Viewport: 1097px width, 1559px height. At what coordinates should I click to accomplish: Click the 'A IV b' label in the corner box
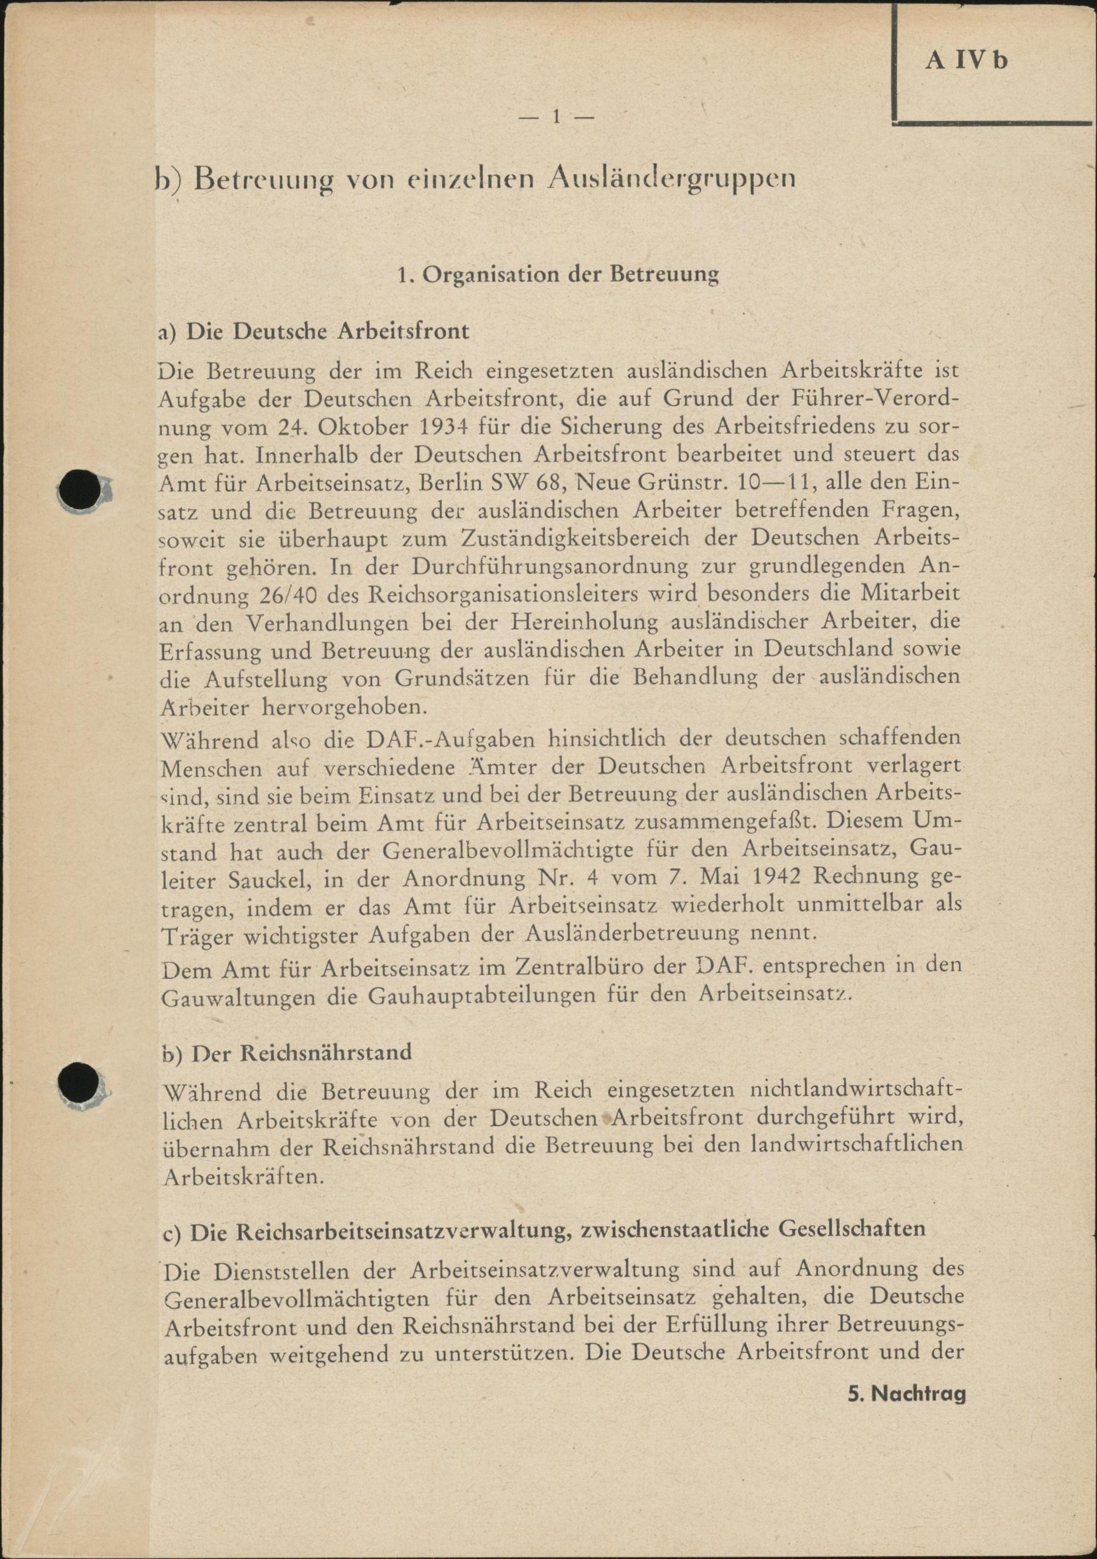(x=966, y=61)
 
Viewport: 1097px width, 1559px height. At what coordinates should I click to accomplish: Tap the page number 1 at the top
(x=556, y=117)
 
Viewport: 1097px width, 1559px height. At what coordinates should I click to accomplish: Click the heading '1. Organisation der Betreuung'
(x=558, y=275)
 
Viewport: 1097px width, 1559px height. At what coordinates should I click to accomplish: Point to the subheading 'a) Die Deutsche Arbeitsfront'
(x=313, y=331)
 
